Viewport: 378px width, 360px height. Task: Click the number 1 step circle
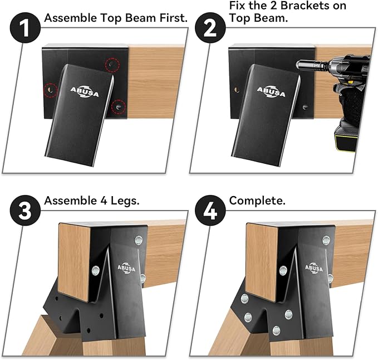point(25,28)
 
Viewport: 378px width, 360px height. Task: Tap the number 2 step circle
point(210,28)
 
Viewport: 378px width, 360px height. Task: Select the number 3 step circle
point(25,211)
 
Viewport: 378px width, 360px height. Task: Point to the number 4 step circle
point(210,211)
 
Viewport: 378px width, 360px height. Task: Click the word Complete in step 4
point(257,201)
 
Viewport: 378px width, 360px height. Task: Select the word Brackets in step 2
point(306,6)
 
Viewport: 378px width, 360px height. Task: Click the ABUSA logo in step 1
point(85,92)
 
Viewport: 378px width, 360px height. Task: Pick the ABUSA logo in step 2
point(271,92)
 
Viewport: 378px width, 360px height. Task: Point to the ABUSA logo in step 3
point(126,268)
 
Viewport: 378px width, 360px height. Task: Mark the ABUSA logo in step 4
point(314,268)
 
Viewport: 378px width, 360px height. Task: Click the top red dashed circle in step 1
point(112,65)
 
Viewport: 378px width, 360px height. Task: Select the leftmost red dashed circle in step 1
point(50,90)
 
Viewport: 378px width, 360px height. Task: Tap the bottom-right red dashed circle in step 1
point(119,106)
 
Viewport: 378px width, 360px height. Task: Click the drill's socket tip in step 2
point(299,65)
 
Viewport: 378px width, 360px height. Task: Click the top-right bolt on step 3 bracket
point(139,240)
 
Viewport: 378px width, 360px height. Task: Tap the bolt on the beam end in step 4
point(283,270)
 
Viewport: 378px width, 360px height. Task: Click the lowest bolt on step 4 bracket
point(276,330)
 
